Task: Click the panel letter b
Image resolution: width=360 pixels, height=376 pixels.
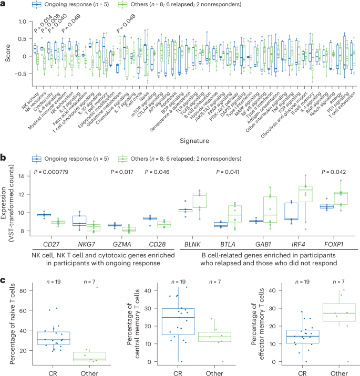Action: pos(3,156)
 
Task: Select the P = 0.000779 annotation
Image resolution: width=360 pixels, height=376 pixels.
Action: pos(55,172)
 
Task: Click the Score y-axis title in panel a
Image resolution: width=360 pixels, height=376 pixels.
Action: pos(7,56)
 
